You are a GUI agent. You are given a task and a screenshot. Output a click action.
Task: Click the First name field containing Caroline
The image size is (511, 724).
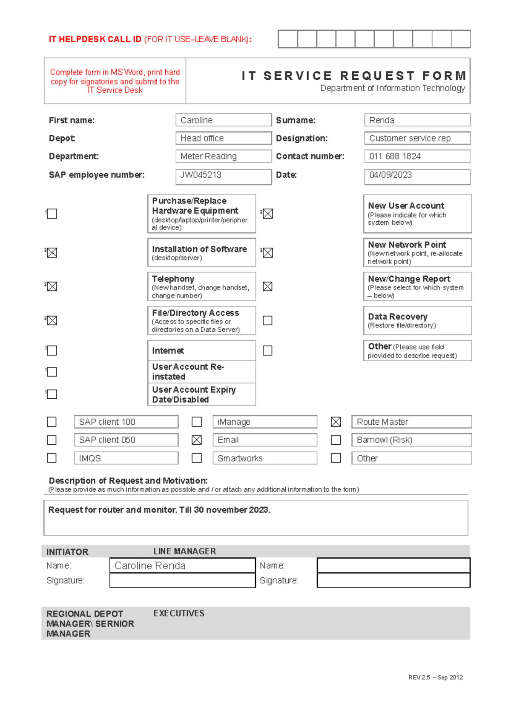(223, 120)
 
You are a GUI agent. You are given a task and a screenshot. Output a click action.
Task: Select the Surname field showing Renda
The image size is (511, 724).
(417, 120)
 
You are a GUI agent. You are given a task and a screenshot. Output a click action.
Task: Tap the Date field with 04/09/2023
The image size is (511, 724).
(417, 176)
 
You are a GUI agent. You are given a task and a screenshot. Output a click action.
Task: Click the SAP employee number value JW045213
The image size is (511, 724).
(223, 176)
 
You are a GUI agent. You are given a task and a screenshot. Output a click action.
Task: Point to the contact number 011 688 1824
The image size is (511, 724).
(417, 156)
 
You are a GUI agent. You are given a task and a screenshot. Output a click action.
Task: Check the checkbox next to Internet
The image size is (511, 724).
(52, 350)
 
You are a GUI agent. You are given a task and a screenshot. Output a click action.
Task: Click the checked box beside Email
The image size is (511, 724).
(197, 440)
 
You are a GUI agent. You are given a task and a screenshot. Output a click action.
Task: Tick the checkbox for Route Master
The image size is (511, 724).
(336, 422)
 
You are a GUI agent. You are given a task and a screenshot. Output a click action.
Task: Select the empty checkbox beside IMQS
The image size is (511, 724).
(52, 458)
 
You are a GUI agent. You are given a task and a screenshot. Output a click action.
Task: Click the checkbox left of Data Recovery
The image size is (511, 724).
(267, 320)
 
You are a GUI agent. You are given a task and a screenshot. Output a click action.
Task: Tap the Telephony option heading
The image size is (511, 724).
(173, 279)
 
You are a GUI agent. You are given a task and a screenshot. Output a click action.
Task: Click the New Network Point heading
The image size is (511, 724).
(407, 245)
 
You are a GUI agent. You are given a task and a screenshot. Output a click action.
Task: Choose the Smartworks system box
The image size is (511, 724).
(264, 458)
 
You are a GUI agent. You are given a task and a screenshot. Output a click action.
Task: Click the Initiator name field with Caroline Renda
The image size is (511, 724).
(182, 566)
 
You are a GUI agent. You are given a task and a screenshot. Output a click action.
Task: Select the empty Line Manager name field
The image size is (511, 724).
(393, 566)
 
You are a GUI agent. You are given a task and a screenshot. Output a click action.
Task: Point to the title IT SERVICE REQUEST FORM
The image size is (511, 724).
(353, 76)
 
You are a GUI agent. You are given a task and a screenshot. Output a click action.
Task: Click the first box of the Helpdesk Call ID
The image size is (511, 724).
(288, 39)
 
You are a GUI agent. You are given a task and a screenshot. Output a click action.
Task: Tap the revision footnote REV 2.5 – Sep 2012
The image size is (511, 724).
(435, 677)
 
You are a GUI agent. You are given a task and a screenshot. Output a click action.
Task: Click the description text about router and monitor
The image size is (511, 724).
(159, 510)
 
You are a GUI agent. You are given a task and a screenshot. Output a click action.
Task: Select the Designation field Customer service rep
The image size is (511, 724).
(417, 139)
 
